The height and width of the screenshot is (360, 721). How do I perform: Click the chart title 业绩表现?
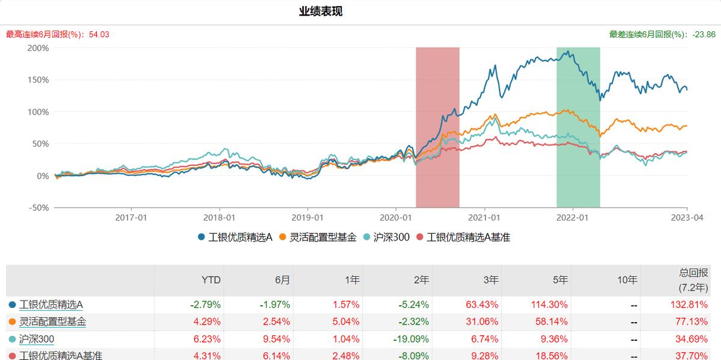tap(321, 11)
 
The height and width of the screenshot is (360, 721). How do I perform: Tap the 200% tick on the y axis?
tap(38, 48)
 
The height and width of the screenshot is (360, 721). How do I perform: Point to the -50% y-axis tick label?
tap(37, 207)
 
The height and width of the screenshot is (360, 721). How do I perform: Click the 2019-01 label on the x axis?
tap(308, 218)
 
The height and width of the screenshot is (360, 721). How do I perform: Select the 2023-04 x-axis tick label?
tap(687, 218)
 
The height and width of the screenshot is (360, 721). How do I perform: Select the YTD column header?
tap(211, 280)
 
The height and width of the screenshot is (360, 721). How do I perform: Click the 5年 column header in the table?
tap(560, 280)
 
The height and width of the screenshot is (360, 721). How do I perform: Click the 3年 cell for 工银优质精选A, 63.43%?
tap(482, 305)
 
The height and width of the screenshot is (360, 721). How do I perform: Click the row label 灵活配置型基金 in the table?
tap(52, 322)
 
